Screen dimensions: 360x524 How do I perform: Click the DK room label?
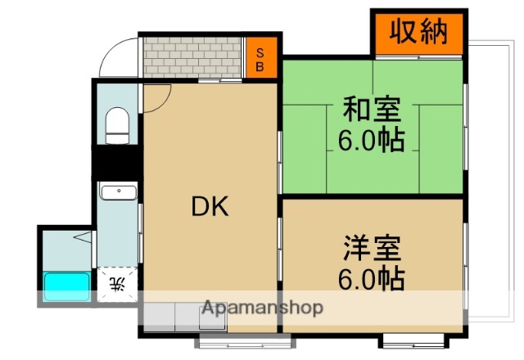pyautogui.click(x=210, y=207)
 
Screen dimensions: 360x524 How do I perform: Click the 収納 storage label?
pyautogui.click(x=417, y=32)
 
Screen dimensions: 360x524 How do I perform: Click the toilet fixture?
pyautogui.click(x=119, y=127)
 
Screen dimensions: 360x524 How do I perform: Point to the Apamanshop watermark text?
pyautogui.click(x=262, y=308)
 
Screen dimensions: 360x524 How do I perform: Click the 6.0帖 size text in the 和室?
pyautogui.click(x=371, y=141)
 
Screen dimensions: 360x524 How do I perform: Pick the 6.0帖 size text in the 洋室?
pyautogui.click(x=371, y=280)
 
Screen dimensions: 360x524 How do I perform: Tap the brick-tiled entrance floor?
pyautogui.click(x=193, y=57)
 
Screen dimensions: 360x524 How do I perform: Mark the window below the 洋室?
pyautogui.click(x=413, y=338)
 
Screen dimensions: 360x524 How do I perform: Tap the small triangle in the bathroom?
pyautogui.click(x=83, y=240)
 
